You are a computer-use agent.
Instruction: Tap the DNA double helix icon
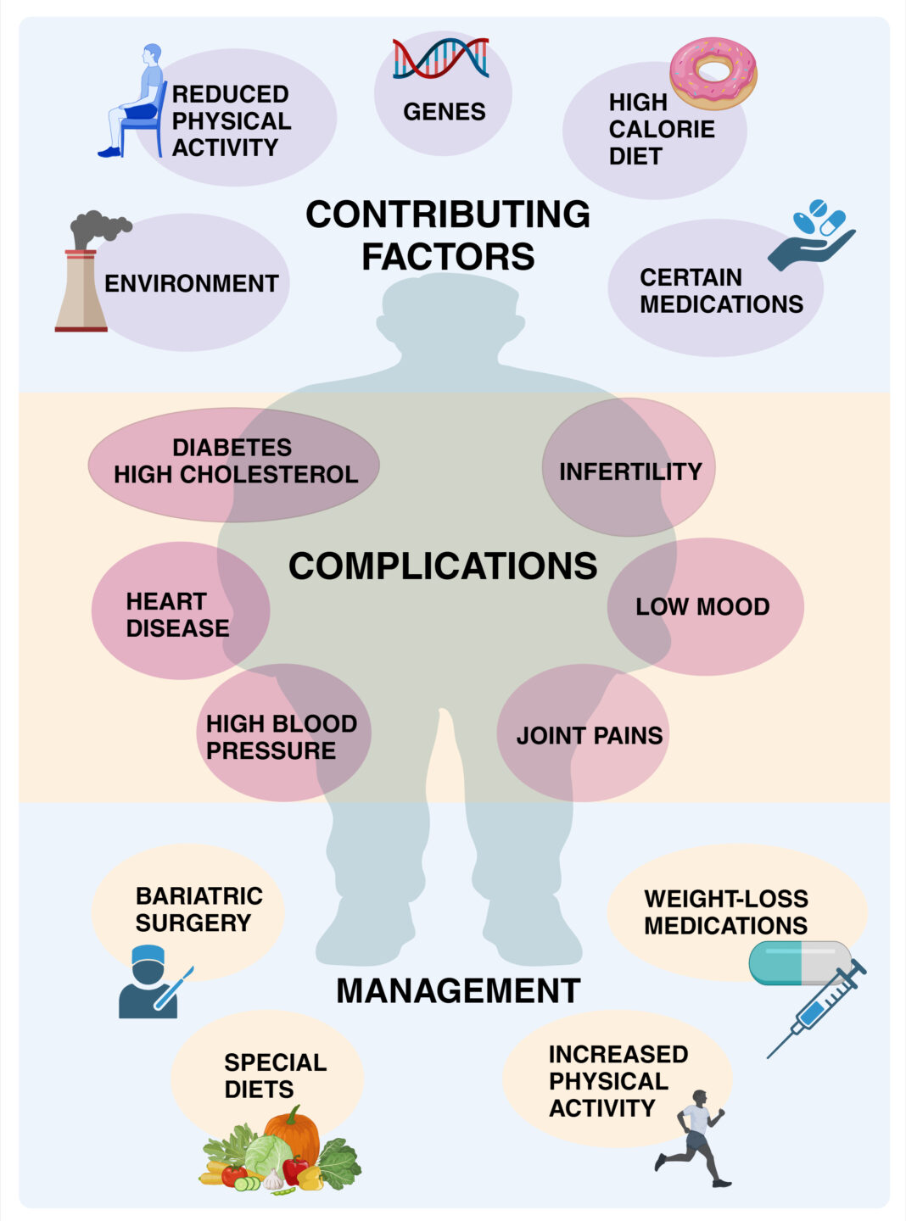click(440, 59)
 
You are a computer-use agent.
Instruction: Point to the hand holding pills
click(812, 237)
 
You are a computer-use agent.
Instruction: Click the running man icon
click(695, 1136)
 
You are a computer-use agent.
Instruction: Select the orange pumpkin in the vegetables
click(292, 1133)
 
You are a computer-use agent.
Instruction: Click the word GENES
click(444, 112)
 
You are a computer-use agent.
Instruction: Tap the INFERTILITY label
click(630, 471)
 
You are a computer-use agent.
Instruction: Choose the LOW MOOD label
click(702, 607)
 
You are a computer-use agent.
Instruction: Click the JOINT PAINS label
click(590, 735)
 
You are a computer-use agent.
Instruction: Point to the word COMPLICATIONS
click(443, 566)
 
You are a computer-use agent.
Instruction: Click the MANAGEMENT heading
click(458, 990)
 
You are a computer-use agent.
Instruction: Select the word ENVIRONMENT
click(191, 283)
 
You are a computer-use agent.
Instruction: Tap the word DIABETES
click(232, 447)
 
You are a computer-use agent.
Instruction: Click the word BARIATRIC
click(199, 896)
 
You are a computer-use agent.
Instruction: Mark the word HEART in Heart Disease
click(166, 601)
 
